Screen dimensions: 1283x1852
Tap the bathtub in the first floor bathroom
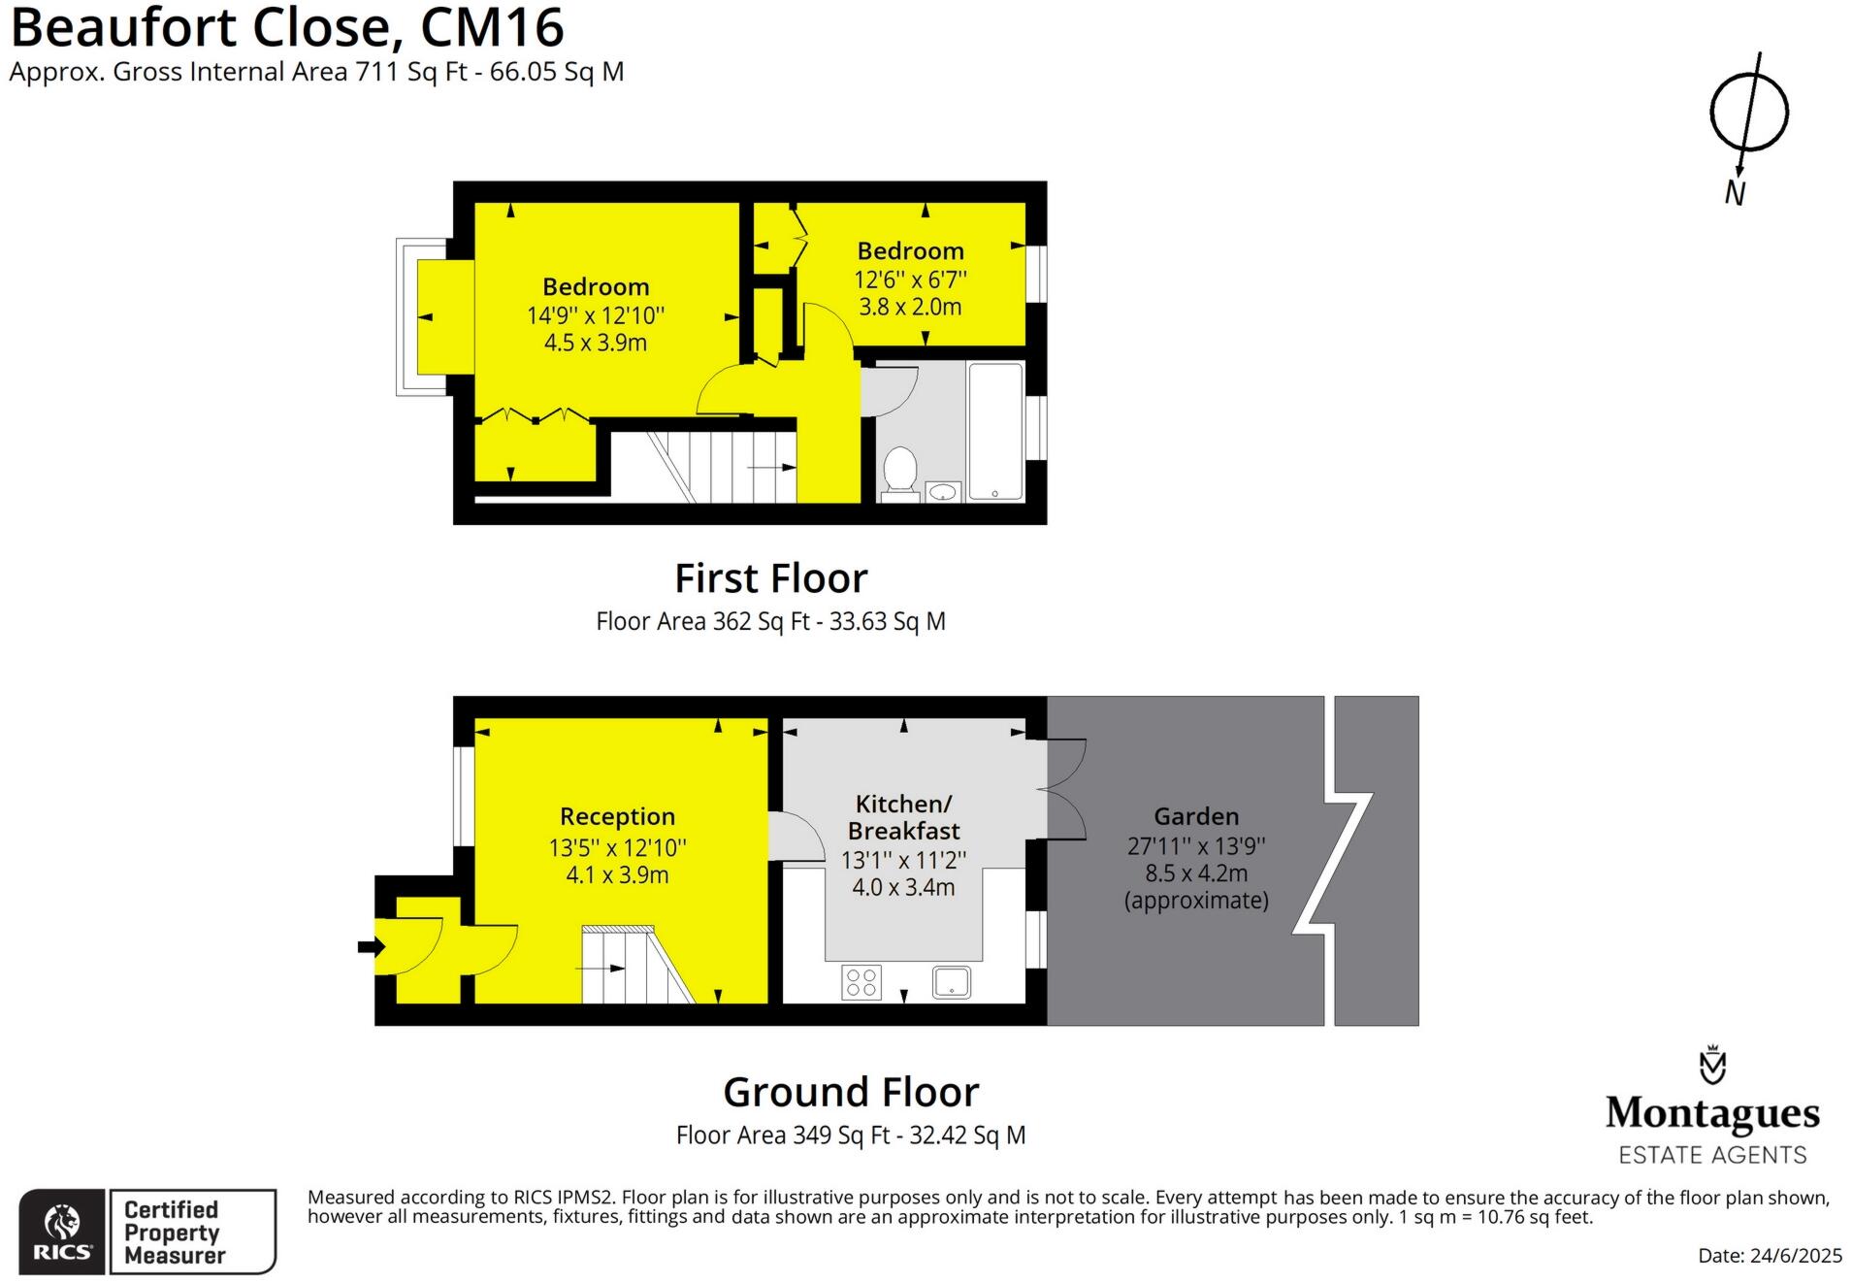(x=994, y=431)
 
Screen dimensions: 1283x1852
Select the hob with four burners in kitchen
(x=861, y=981)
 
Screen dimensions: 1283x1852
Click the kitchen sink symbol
(x=951, y=981)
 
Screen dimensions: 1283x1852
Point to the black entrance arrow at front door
(x=370, y=946)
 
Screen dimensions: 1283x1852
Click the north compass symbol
(x=1747, y=114)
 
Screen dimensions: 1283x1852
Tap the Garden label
(x=1195, y=816)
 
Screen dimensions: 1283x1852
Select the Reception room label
(x=617, y=816)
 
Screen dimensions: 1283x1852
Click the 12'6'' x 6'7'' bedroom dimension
(x=910, y=280)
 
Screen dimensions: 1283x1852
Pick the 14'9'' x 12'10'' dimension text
(x=595, y=315)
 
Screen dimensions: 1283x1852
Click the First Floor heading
(x=770, y=578)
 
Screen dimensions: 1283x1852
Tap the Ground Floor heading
(x=851, y=1092)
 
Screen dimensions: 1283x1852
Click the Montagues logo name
(x=1712, y=1113)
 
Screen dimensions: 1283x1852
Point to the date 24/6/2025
(x=1795, y=1255)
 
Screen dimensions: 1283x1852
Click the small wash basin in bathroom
(x=941, y=492)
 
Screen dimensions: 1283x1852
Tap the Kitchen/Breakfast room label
(x=903, y=817)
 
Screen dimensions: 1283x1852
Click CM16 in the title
(x=492, y=27)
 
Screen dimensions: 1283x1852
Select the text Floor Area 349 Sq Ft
(x=782, y=1135)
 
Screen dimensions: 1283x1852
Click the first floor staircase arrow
(x=773, y=468)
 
